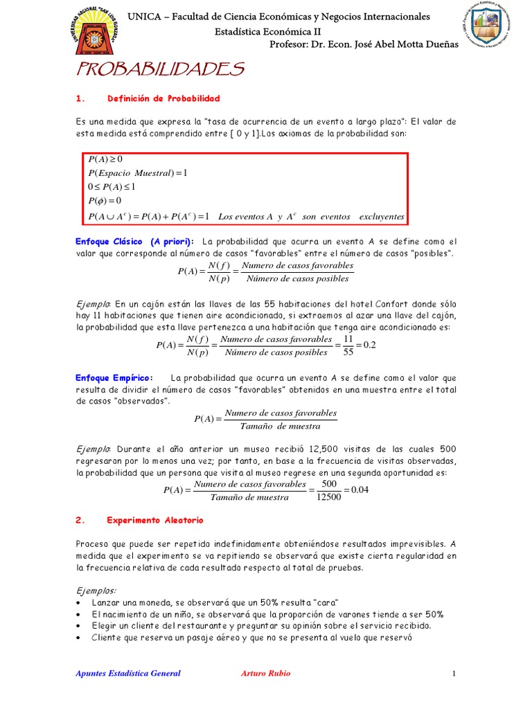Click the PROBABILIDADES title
coord(159,69)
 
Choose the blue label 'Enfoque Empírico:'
coord(114,378)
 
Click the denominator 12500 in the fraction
coord(328,497)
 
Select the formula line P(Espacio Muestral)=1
coord(138,172)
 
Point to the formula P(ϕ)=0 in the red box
coord(105,201)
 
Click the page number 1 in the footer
coord(454,673)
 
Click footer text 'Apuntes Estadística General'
coord(128,673)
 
